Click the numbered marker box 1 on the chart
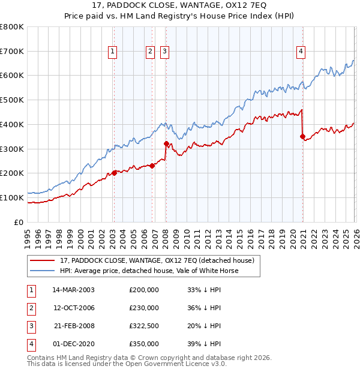point(113,52)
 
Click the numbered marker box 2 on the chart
point(150,52)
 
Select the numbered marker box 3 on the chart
point(164,52)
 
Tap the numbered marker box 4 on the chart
point(300,52)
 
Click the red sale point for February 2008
point(166,143)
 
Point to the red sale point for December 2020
point(302,136)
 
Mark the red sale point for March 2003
point(114,173)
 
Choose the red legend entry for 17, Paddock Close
point(157,260)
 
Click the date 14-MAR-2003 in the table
point(73,289)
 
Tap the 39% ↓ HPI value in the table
point(204,344)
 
